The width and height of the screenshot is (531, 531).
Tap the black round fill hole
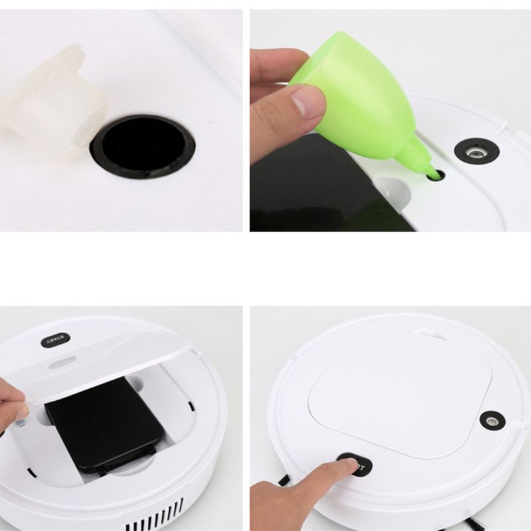[x=143, y=145]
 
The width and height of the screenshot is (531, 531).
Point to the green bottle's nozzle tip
[x=432, y=175]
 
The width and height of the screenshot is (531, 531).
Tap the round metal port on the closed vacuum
[x=492, y=420]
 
